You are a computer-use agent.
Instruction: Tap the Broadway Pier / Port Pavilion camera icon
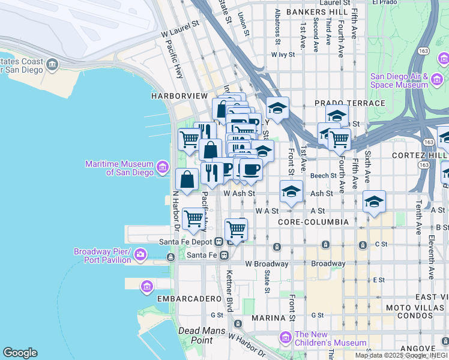coord(140,254)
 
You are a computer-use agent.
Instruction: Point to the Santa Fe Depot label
coord(186,242)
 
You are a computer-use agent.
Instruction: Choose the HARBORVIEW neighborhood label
coord(179,96)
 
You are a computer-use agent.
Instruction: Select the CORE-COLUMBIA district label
coord(313,222)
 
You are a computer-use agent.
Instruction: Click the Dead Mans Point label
coord(202,335)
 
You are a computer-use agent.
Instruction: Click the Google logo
coord(20,353)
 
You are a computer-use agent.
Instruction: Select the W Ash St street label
coord(240,194)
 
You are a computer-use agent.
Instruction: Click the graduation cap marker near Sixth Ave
coord(374,202)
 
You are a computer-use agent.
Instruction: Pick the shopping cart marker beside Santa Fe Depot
coord(236,230)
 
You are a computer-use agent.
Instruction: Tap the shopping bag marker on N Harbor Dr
coord(187,179)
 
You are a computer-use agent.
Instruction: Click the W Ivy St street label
coord(283,54)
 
